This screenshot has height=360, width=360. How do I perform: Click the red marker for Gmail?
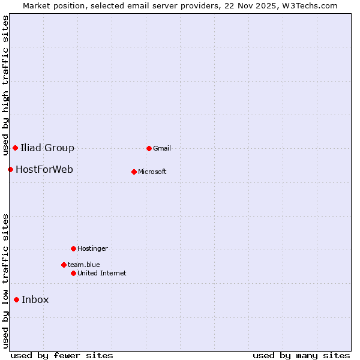pyautogui.click(x=149, y=148)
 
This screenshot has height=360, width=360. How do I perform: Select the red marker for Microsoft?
pyautogui.click(x=134, y=172)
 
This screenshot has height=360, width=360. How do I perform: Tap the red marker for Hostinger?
pyautogui.click(x=73, y=248)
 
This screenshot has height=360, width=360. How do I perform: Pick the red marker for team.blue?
pyautogui.click(x=64, y=265)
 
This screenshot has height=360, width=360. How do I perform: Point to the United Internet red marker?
pyautogui.click(x=73, y=273)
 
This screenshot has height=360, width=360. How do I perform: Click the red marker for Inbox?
pyautogui.click(x=16, y=300)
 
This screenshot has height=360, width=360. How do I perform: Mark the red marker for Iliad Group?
pyautogui.click(x=15, y=148)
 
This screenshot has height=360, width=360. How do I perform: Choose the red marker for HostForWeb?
pyautogui.click(x=10, y=169)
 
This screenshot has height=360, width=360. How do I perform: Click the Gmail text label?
pyautogui.click(x=162, y=148)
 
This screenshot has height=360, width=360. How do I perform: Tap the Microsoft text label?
pyautogui.click(x=152, y=172)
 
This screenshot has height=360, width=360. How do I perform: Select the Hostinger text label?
pyautogui.click(x=92, y=248)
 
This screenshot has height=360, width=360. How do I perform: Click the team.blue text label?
pyautogui.click(x=84, y=265)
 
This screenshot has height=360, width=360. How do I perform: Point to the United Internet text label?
pyautogui.click(x=102, y=273)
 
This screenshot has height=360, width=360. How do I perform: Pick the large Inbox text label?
pyautogui.click(x=35, y=300)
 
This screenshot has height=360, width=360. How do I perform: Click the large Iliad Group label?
pyautogui.click(x=47, y=148)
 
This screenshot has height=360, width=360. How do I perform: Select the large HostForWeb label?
pyautogui.click(x=44, y=169)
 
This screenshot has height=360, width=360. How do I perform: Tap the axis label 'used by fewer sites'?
pyautogui.click(x=62, y=355)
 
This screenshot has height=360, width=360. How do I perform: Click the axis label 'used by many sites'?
pyautogui.click(x=301, y=355)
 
